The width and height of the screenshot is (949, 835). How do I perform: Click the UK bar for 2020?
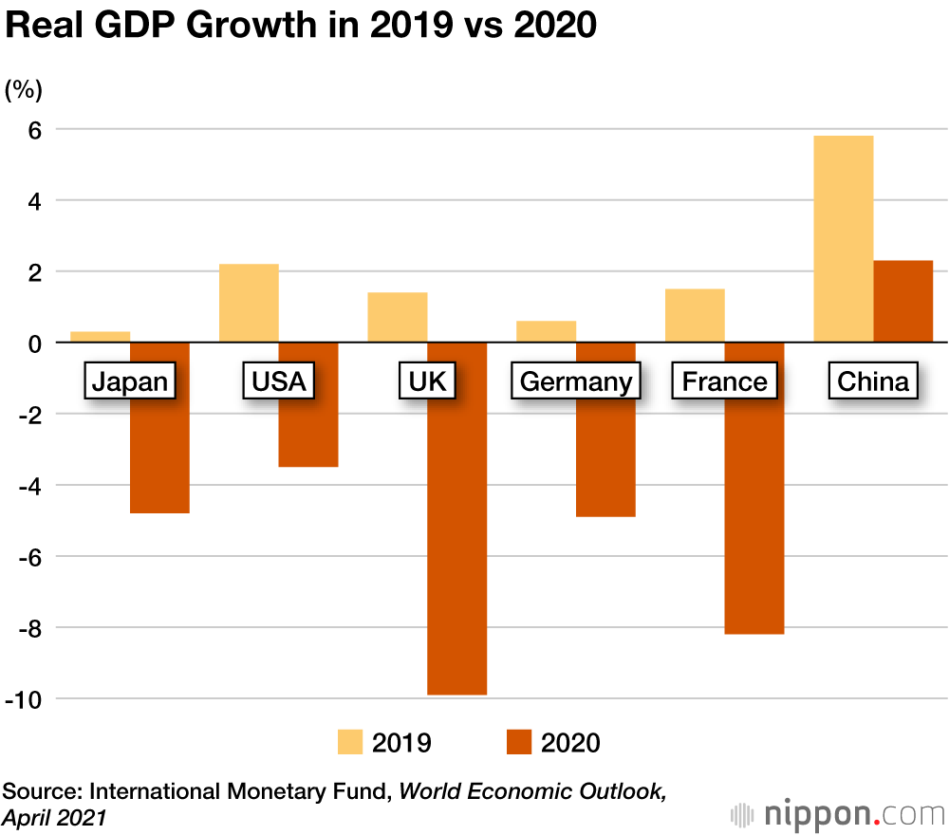pyautogui.click(x=456, y=550)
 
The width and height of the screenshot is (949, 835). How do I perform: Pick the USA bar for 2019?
pyautogui.click(x=249, y=303)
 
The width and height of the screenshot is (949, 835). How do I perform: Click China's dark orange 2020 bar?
pyautogui.click(x=903, y=301)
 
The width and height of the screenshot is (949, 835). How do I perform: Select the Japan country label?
pyautogui.click(x=129, y=381)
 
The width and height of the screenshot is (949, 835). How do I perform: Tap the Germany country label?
pyautogui.click(x=576, y=381)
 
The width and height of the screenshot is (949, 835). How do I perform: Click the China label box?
pyautogui.click(x=873, y=381)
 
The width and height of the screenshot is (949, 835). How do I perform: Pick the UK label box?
pyautogui.click(x=426, y=381)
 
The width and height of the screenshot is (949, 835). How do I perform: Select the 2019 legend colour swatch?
pyautogui.click(x=352, y=742)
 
